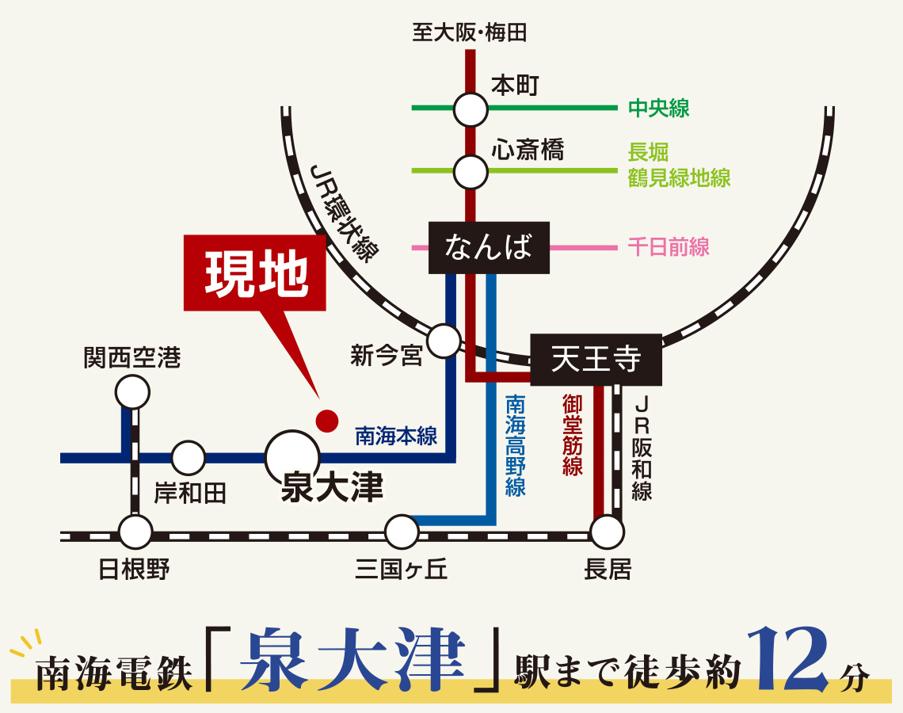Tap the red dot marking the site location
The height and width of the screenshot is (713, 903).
[x=326, y=420]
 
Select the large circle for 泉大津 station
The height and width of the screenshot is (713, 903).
[x=292, y=458]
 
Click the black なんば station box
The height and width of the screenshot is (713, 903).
[x=489, y=248]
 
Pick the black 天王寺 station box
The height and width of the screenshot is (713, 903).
[x=596, y=360]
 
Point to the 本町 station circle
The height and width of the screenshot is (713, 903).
[x=471, y=109]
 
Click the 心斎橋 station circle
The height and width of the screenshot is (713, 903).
[x=471, y=170]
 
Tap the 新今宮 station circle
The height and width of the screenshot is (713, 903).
[x=444, y=341]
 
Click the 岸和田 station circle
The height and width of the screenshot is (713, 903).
[x=189, y=458]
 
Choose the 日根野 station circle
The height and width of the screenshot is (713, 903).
[x=135, y=532]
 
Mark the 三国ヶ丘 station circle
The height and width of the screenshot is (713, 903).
[x=402, y=532]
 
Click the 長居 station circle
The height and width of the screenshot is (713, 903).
[x=608, y=532]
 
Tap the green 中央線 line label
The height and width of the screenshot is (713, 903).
[x=659, y=109]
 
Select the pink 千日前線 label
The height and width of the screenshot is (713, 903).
[x=669, y=247]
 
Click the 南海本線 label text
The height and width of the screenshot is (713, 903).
[x=396, y=436]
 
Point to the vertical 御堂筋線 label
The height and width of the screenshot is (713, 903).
[x=572, y=436]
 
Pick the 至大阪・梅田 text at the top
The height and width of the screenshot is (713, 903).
[x=470, y=32]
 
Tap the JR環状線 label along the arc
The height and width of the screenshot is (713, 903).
[x=345, y=213]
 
